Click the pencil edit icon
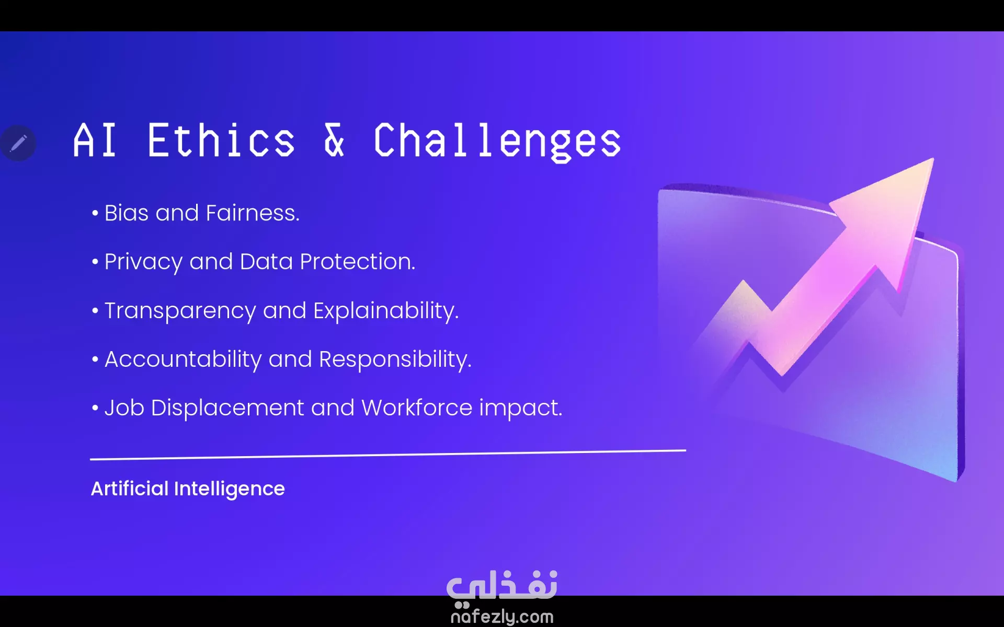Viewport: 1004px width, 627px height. (18, 143)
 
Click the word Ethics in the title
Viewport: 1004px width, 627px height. (221, 141)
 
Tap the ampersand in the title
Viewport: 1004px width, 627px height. (334, 141)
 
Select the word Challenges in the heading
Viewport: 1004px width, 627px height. (497, 142)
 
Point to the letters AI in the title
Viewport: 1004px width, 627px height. (95, 141)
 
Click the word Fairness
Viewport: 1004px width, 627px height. (253, 213)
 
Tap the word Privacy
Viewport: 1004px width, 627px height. (143, 262)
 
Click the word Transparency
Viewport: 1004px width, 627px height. (180, 311)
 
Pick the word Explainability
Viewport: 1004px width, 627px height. (386, 311)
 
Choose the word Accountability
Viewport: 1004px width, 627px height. (183, 360)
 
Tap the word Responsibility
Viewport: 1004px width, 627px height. (395, 360)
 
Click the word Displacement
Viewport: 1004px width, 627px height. (227, 409)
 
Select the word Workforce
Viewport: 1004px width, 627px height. (417, 408)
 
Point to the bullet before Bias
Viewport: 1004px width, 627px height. (95, 213)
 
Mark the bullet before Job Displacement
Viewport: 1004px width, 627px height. (95, 408)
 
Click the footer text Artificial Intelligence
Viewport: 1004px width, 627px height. (188, 489)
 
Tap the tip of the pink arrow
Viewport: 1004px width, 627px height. (933, 159)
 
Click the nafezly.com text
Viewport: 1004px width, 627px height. (502, 617)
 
